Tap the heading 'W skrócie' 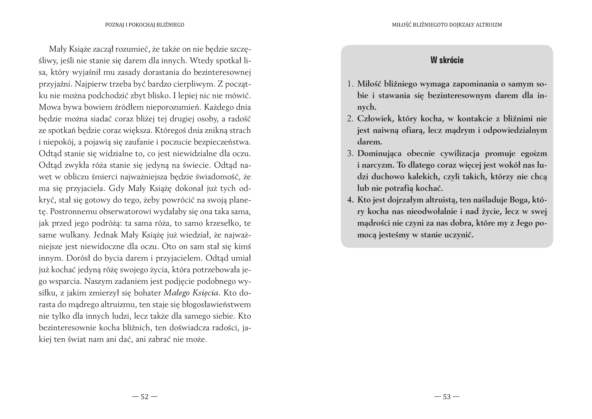[x=447, y=60]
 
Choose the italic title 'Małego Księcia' [x=191, y=293]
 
